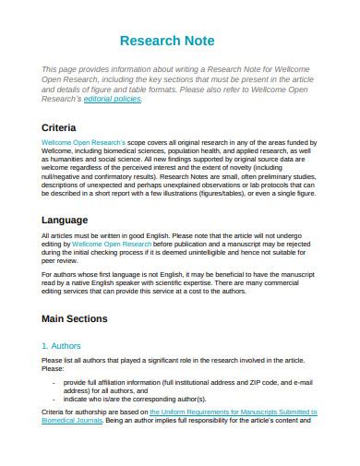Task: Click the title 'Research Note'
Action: point(167,42)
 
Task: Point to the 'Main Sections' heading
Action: point(75,318)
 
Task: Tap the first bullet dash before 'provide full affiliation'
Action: point(54,381)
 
